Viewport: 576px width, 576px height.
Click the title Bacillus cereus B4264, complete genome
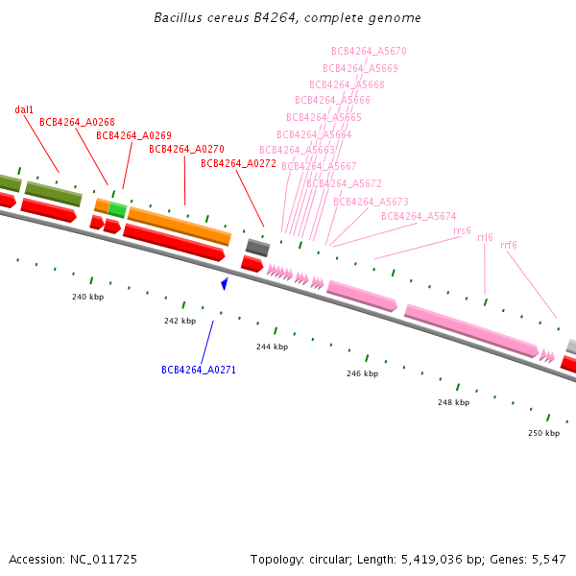tap(287, 18)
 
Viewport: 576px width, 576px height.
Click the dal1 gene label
tap(24, 109)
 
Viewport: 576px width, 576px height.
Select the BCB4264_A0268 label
tap(77, 122)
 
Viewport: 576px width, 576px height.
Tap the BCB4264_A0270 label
tap(186, 149)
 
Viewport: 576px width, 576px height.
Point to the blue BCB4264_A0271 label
tap(199, 370)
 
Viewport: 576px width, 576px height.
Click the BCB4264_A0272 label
tap(238, 163)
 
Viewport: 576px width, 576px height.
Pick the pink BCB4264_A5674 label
tap(419, 216)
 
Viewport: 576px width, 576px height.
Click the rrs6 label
tap(462, 230)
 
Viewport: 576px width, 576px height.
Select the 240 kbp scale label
tap(87, 297)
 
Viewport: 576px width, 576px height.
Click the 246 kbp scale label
tap(362, 373)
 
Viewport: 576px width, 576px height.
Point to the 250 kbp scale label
tap(543, 433)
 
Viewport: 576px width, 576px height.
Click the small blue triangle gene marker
tap(225, 283)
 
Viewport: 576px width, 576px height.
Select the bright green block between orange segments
tap(117, 209)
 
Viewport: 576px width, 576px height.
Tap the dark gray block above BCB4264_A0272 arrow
tap(257, 247)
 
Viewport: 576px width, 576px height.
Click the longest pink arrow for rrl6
tap(470, 329)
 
